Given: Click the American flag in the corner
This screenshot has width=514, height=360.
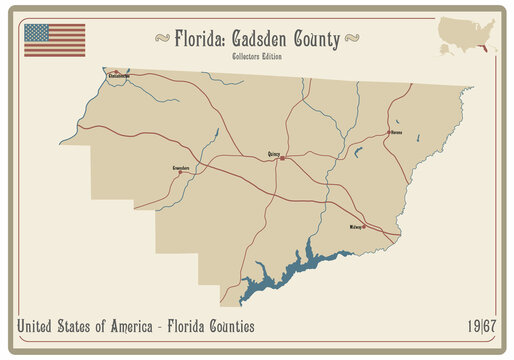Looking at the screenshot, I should pyautogui.click(x=55, y=39).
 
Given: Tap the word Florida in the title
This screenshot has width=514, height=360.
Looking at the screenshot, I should pyautogui.click(x=200, y=39).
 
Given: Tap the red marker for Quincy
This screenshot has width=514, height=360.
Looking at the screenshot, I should pyautogui.click(x=283, y=158).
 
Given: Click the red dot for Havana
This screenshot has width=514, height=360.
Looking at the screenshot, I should pyautogui.click(x=389, y=132).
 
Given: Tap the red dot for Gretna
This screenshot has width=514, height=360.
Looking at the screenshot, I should pyautogui.click(x=180, y=172).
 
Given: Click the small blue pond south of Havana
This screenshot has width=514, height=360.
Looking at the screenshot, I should pyautogui.click(x=357, y=152).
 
